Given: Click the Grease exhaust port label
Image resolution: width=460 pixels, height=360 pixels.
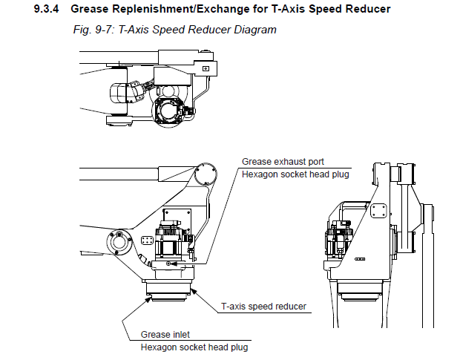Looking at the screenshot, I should click(283, 161).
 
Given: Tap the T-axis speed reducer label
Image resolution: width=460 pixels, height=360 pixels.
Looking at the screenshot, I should click(263, 306).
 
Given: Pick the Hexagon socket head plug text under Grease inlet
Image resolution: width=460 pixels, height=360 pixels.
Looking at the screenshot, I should click(194, 347).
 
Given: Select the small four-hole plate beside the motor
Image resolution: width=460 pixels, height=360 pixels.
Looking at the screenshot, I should click(146, 240).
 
